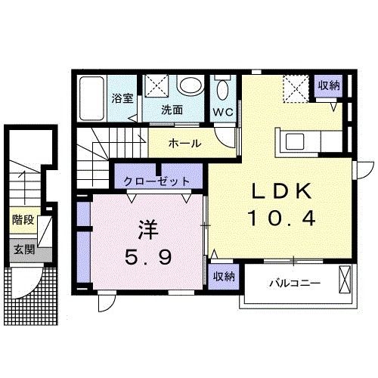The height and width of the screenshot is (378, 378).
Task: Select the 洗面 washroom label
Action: click(172, 109)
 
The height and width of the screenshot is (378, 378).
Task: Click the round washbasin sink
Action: click(192, 85)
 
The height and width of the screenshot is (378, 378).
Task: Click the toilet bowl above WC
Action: click(222, 91)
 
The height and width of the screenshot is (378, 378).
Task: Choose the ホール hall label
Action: click(184, 142)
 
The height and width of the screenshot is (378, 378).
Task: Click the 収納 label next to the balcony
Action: click(222, 276)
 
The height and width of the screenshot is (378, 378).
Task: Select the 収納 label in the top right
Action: click(328, 86)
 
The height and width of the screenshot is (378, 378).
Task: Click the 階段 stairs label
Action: click(22, 221)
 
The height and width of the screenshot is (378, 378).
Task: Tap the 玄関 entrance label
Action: click(22, 249)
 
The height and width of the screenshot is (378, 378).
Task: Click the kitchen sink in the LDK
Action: click(293, 141)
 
